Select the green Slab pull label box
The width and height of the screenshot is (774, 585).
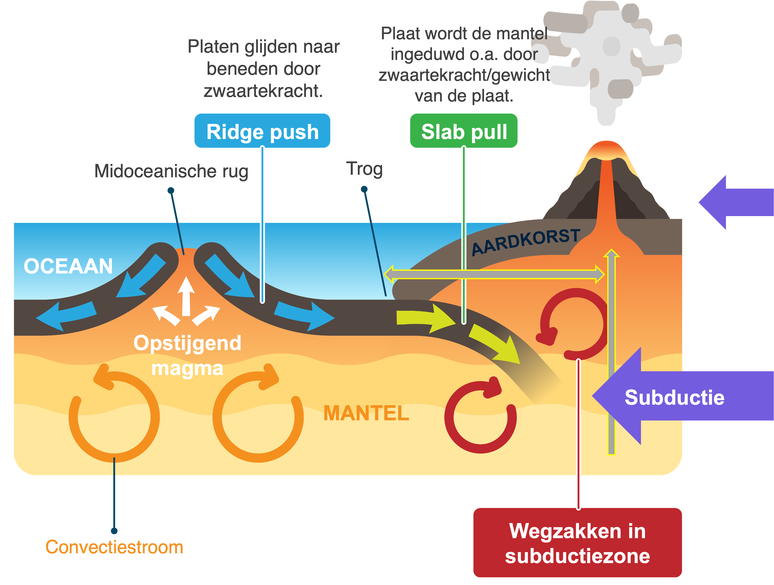pos(464,131)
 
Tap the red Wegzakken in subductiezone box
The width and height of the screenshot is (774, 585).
pos(577,543)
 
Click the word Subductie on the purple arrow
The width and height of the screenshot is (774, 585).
pos(674,397)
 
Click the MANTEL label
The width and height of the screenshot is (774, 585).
pos(366,413)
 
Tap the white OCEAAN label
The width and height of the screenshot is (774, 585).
pos(68,266)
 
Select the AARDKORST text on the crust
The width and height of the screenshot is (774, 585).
pos(526,241)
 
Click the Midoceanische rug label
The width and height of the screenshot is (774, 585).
pos(171,171)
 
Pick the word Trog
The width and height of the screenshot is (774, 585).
pos(364,169)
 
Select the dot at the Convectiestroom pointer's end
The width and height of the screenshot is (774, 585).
pos(114,531)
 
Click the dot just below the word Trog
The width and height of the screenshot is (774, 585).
pos(364,189)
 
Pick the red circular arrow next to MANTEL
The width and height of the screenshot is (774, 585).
pos(480,417)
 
